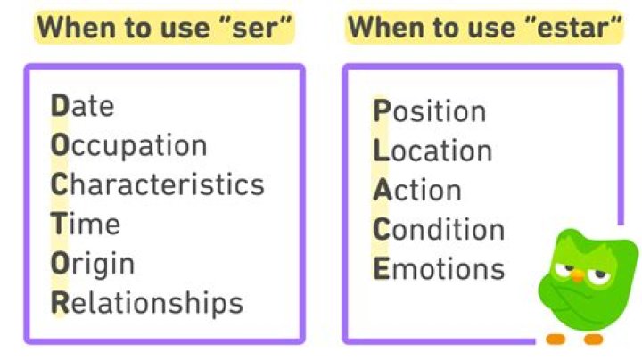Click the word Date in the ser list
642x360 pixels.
(83, 106)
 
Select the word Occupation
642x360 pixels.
(129, 145)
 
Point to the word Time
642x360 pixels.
(86, 224)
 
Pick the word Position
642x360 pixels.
(429, 111)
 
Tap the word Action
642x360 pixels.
(417, 190)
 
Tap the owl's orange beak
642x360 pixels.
(578, 276)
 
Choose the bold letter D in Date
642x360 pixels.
(60, 106)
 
